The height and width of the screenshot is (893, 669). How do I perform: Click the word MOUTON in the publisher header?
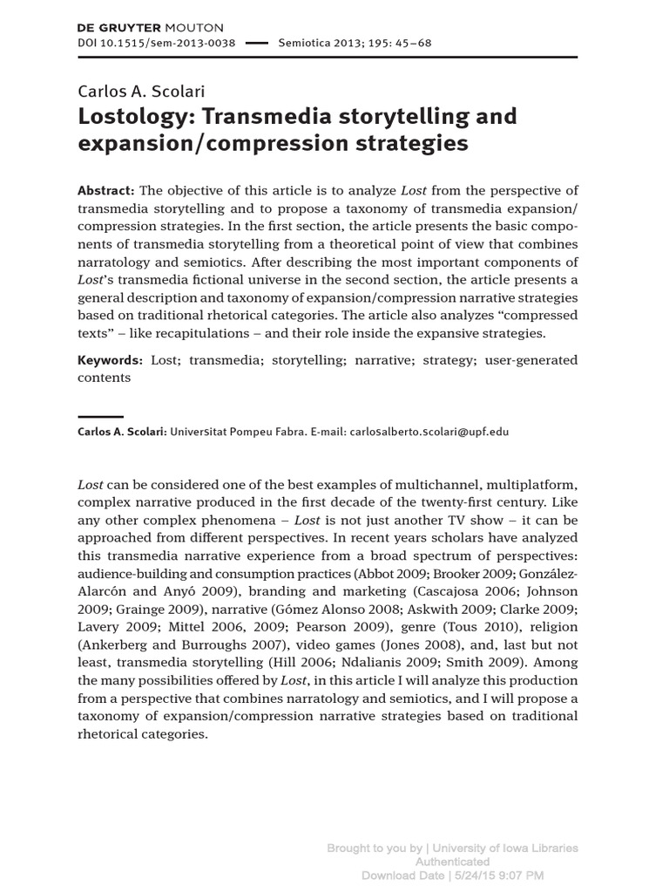click(x=193, y=28)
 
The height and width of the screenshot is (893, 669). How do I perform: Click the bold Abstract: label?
click(x=106, y=191)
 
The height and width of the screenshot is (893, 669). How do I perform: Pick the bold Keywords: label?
click(x=111, y=360)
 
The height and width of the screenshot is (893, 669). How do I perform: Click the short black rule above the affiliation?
click(x=100, y=417)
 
